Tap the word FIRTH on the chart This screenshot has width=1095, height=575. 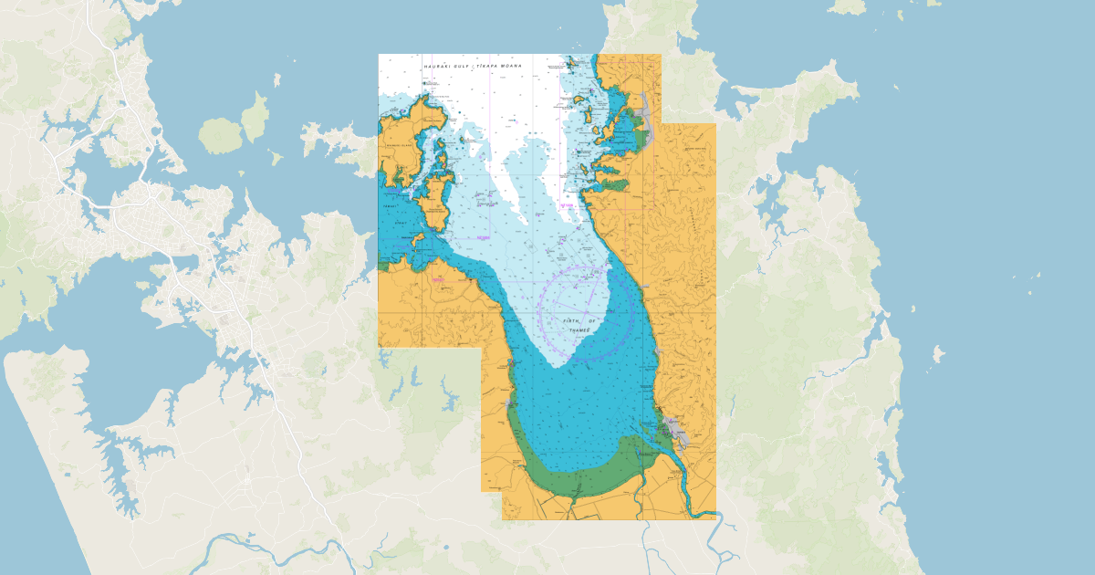point(572,321)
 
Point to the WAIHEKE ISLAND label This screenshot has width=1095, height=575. point(400,144)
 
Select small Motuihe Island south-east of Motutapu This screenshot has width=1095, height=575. point(275,158)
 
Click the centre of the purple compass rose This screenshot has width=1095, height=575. point(585,310)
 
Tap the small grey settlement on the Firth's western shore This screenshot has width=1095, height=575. point(507,402)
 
